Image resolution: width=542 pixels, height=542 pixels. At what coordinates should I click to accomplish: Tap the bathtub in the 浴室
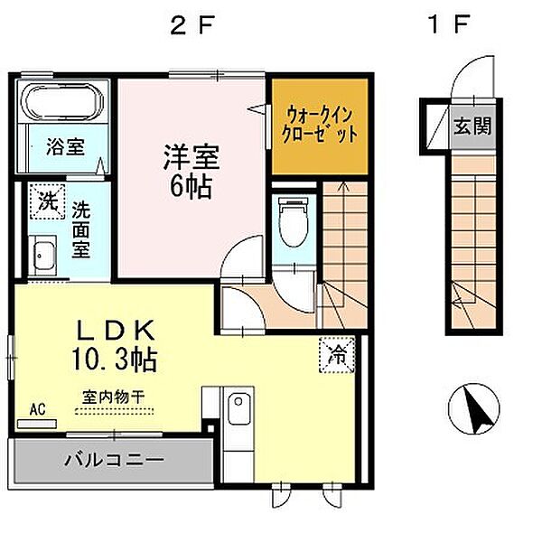coord(65,105)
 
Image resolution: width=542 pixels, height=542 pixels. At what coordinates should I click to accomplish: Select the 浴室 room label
coord(67,145)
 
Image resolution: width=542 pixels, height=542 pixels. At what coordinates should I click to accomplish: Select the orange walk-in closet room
coord(321,126)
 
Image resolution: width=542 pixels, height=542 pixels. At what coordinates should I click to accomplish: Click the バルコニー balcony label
coord(114,460)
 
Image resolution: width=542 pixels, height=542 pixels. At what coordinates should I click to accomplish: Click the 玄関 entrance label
coord(472,126)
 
